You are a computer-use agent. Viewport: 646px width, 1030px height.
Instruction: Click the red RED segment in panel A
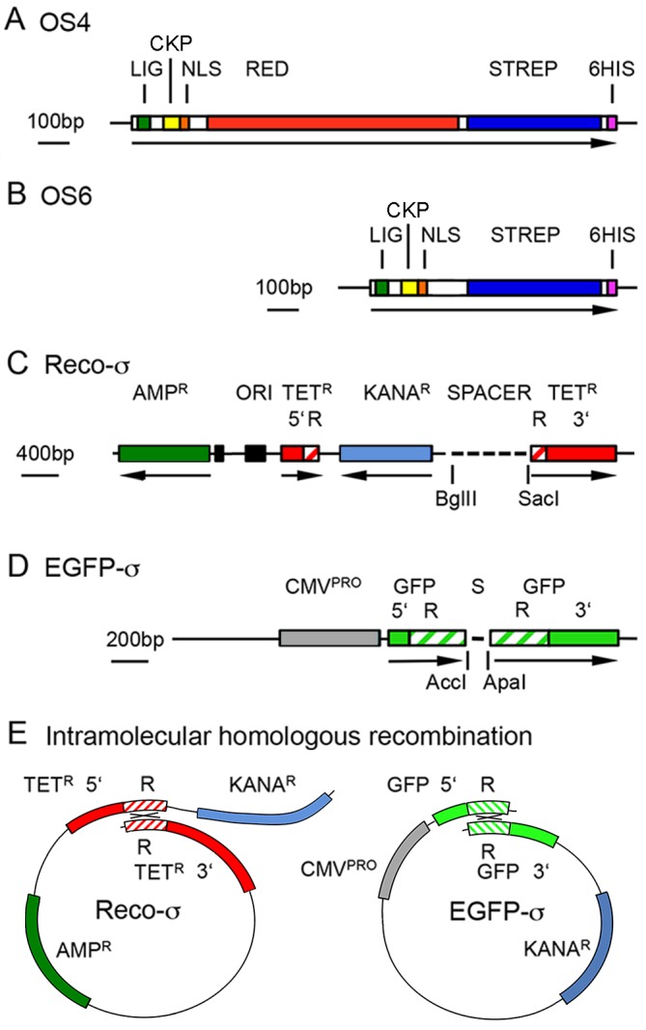click(332, 123)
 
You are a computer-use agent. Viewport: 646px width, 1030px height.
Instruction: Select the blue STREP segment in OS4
click(534, 123)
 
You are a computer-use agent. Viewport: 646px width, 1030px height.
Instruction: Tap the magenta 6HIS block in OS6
click(611, 287)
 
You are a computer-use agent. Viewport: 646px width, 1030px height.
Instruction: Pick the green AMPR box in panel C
click(164, 452)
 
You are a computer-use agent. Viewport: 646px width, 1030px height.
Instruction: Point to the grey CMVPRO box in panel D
click(328, 638)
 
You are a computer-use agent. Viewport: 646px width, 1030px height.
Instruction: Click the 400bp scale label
click(45, 451)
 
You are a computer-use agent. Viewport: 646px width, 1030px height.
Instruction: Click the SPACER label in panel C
click(490, 394)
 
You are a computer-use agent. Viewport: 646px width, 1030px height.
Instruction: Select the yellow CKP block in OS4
click(171, 123)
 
